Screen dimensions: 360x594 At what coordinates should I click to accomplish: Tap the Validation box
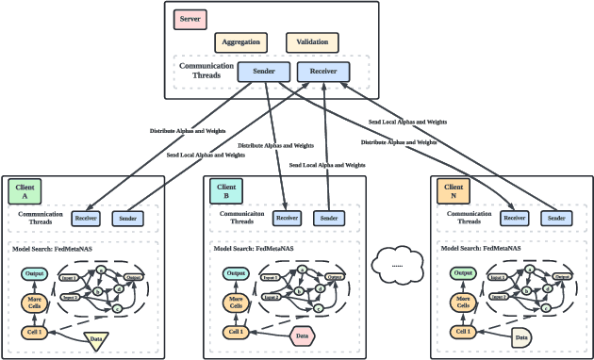click(311, 42)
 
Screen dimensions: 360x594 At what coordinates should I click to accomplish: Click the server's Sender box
click(263, 72)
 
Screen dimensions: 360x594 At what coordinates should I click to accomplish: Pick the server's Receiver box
click(323, 72)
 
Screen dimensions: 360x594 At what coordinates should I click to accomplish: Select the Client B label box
click(226, 192)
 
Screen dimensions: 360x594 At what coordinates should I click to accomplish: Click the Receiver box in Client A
click(87, 219)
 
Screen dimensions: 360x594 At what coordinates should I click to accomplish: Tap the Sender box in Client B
click(327, 219)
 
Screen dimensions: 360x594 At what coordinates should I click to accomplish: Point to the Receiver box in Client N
click(514, 219)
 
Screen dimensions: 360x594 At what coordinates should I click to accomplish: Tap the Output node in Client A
click(35, 273)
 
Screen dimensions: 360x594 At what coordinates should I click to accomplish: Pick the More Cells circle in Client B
click(237, 303)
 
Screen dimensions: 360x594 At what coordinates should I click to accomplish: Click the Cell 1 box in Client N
click(463, 333)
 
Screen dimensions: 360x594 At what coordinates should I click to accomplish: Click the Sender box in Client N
click(554, 219)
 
